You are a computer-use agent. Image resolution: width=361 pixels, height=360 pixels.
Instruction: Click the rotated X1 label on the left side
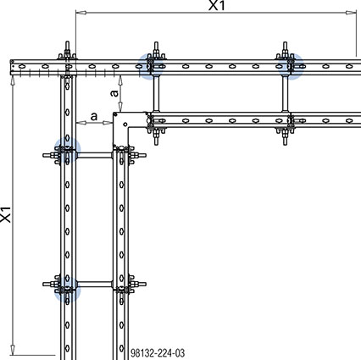pos(6,215)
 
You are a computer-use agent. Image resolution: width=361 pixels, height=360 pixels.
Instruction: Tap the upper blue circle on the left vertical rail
pos(65,153)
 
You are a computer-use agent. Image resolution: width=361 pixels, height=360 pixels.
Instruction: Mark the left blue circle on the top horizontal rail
pos(153,64)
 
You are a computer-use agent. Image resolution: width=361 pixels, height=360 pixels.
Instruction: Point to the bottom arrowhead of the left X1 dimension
pos(14,348)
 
